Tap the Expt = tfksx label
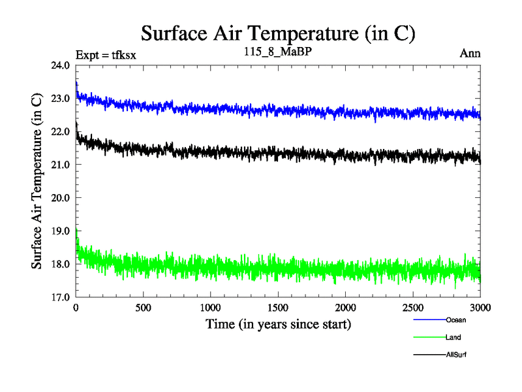105,54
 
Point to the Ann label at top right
470,54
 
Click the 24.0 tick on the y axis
60,66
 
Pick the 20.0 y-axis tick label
60,198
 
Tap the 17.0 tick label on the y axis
60,297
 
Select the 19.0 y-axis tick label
60,231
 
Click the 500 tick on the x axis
144,307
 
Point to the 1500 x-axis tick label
279,307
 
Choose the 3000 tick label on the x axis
480,307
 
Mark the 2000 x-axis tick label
346,307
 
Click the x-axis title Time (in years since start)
279,324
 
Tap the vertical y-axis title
38,182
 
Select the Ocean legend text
456,320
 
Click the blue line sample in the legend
429,320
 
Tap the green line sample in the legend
429,338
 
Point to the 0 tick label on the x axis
76,307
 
